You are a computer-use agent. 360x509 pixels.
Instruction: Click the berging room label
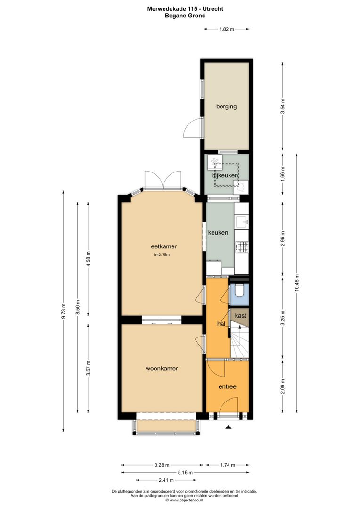[226, 107]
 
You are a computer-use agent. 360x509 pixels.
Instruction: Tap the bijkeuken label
[224, 175]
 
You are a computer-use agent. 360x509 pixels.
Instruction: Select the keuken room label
[218, 233]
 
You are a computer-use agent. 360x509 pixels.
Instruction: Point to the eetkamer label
[161, 246]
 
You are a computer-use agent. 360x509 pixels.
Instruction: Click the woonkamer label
[162, 369]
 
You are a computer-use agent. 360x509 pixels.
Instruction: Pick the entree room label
[227, 386]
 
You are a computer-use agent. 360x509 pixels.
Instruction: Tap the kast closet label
[240, 316]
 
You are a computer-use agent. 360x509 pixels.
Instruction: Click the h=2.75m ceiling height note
[161, 255]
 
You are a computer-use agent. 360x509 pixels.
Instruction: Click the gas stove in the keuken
[242, 246]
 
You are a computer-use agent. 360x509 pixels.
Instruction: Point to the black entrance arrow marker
[229, 427]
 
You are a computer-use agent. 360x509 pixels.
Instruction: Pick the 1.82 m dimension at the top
[227, 29]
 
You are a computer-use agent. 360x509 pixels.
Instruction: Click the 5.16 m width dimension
[184, 472]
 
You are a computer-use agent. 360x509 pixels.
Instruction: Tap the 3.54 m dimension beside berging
[283, 107]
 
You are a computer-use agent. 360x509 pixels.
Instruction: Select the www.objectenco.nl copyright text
[185, 501]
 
